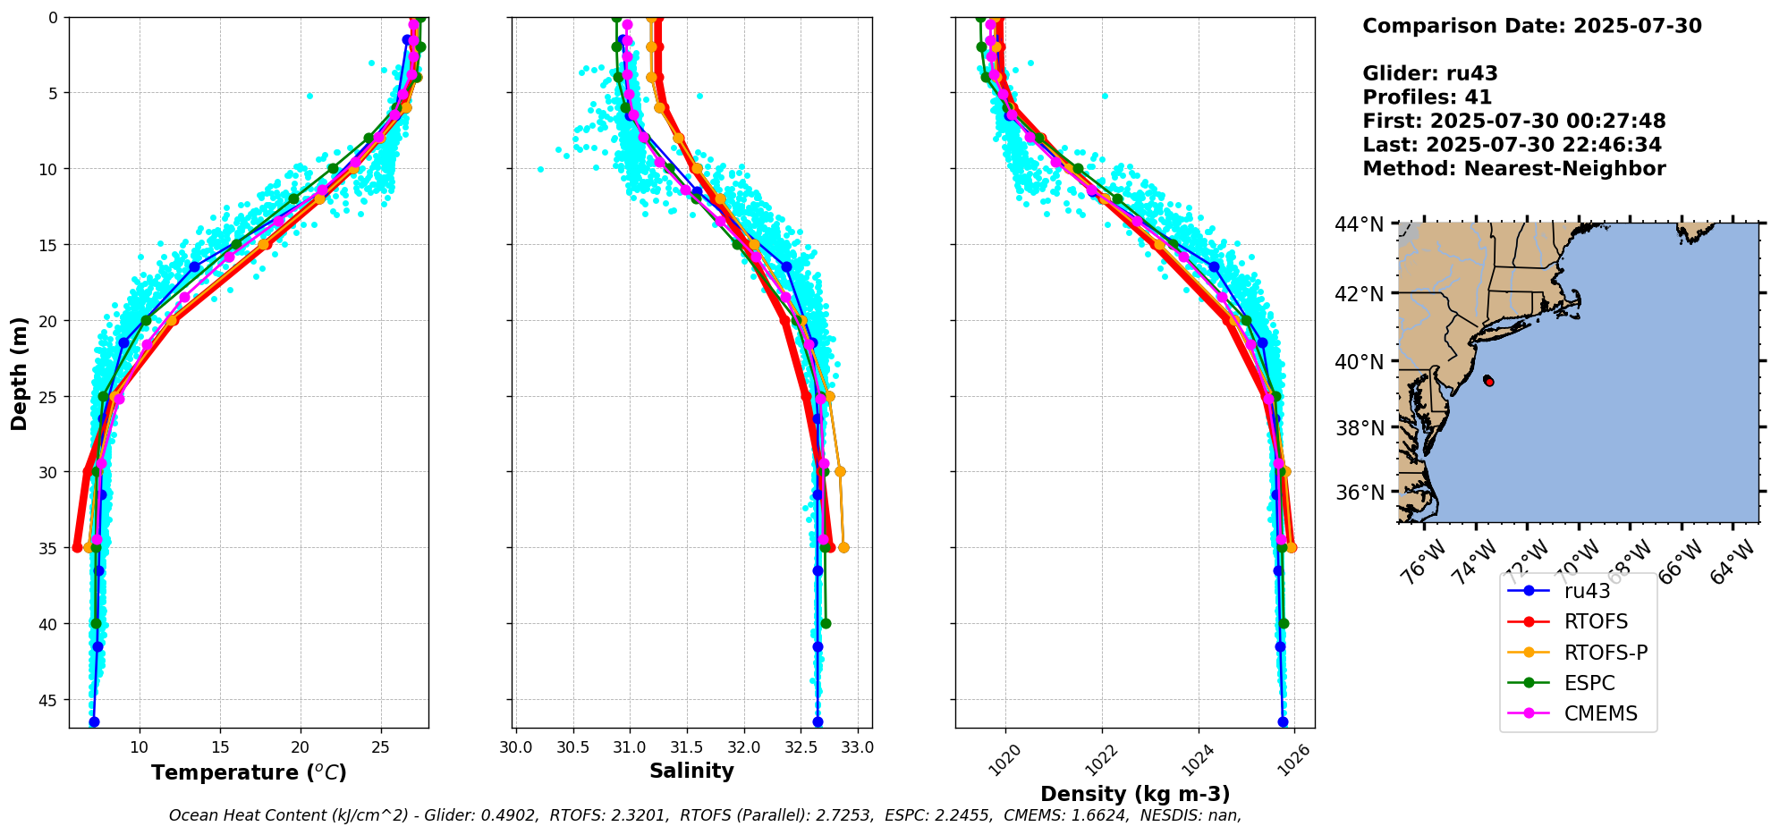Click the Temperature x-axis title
249,772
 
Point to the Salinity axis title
691,771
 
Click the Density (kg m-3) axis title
1135,794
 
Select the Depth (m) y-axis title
19,373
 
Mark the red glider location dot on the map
1488,381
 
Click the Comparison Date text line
1531,26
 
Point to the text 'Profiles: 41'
1427,97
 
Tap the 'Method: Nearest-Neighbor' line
1513,169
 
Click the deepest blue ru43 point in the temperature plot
94,721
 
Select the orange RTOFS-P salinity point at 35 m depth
843,547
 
